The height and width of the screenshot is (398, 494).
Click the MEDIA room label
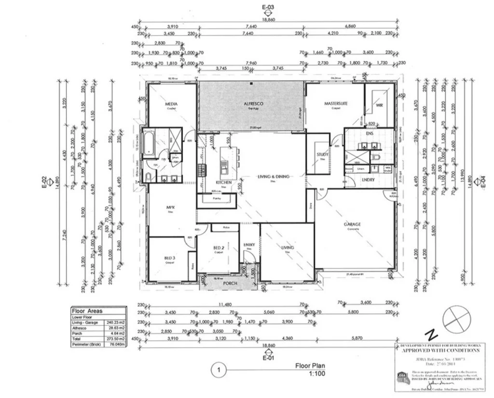171,104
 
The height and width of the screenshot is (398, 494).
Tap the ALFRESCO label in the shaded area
252,104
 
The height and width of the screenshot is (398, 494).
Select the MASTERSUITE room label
336,103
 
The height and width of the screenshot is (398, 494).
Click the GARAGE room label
353,224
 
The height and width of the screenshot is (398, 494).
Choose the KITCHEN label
223,183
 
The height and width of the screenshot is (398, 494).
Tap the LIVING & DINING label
273,177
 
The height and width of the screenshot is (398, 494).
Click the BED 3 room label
170,259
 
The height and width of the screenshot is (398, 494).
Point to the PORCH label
230,283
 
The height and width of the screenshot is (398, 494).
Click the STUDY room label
322,154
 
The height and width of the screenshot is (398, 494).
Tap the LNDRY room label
368,179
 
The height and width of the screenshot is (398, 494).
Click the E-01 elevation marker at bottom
268,358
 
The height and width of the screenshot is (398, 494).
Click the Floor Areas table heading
87,311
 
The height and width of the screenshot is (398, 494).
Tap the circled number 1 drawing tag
219,371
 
